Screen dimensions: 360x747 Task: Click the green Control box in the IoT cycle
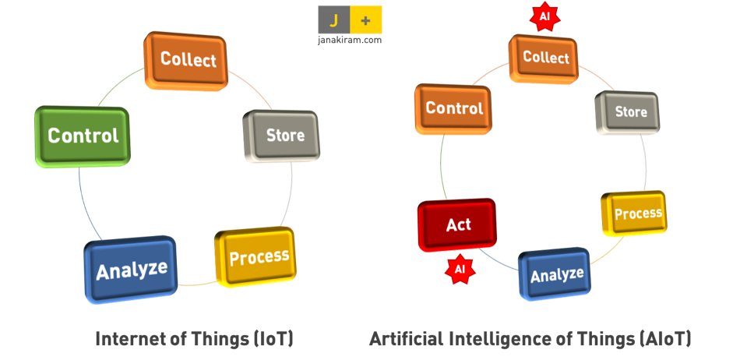tap(83, 136)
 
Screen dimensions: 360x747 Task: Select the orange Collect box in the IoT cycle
tap(187, 59)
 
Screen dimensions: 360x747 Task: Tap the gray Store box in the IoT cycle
tap(283, 136)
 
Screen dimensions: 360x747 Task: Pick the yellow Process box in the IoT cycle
tap(256, 256)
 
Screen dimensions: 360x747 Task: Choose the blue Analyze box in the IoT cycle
tap(131, 270)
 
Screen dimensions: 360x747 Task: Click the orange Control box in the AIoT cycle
tap(454, 109)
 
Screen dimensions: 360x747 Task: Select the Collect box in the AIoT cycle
tap(545, 57)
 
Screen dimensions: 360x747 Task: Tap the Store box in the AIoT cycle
tap(629, 112)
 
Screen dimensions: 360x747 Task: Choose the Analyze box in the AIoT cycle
tap(556, 274)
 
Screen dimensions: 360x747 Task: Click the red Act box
tap(457, 225)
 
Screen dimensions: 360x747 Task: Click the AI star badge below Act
tap(460, 269)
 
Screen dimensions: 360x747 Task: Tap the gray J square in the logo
tap(333, 19)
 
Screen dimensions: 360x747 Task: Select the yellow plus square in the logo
tap(366, 19)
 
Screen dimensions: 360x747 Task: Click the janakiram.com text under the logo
tap(350, 40)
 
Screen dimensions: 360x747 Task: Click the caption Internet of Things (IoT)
tap(194, 339)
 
